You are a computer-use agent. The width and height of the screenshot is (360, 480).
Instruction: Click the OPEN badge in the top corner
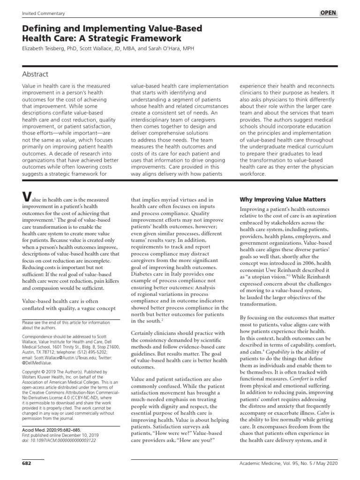(328, 13)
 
